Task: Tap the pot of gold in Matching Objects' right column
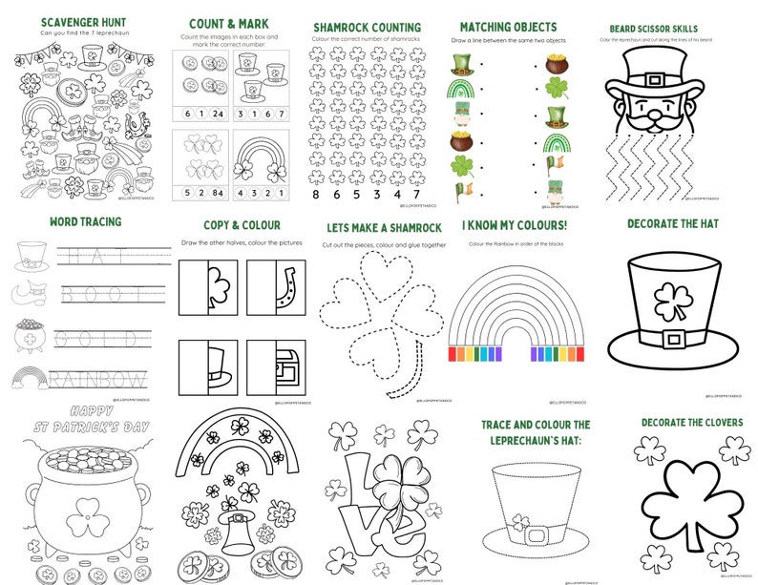pos(556,65)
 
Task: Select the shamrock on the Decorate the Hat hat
pos(671,301)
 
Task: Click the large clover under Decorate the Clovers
pos(687,492)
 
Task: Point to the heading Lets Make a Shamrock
pos(383,227)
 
